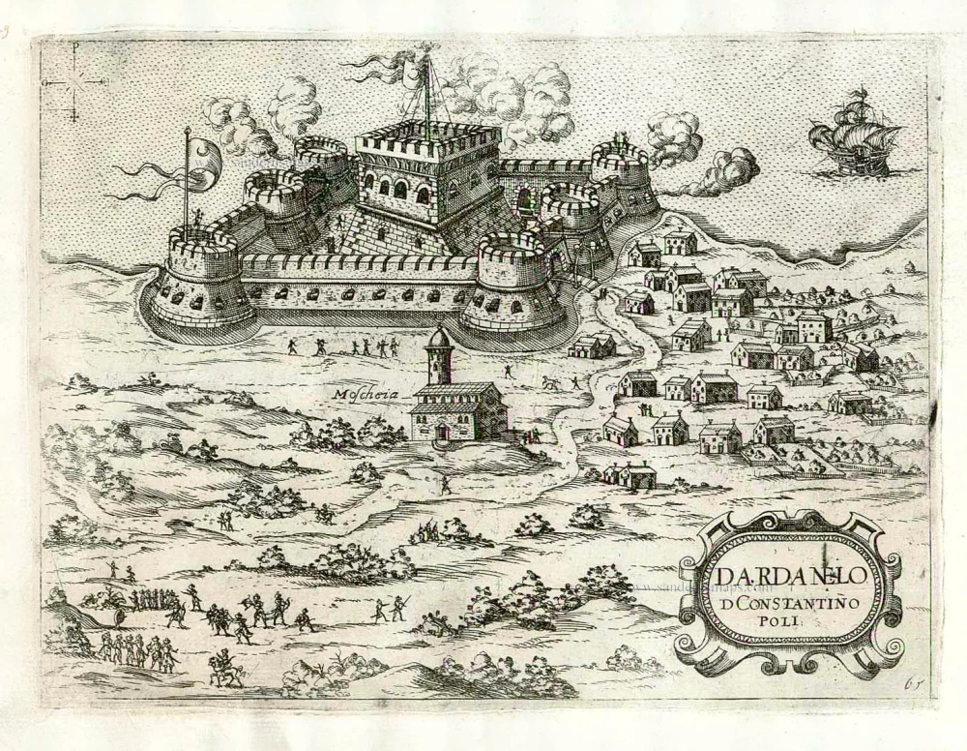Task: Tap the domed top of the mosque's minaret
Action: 440,336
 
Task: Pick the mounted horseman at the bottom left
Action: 225,668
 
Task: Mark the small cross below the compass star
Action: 73,116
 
